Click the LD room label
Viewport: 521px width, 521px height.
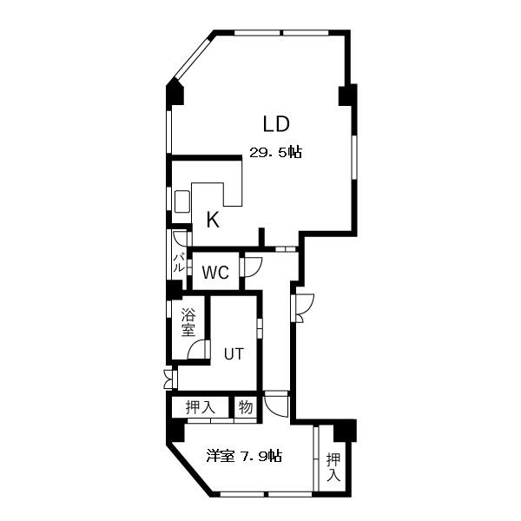[276, 124]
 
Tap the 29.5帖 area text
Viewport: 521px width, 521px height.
[276, 153]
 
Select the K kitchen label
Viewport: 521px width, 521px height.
[213, 220]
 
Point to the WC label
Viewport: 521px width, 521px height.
[215, 273]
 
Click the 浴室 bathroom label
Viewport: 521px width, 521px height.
[188, 322]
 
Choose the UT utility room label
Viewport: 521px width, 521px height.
[234, 354]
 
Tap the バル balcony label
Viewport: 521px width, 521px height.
[179, 262]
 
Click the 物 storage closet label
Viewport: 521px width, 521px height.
[246, 406]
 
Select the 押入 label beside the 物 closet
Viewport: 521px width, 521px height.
[201, 407]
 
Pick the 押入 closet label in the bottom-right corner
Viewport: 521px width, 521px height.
[333, 467]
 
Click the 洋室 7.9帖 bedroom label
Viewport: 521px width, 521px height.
[244, 456]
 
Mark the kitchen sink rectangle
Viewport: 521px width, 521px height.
[182, 201]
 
